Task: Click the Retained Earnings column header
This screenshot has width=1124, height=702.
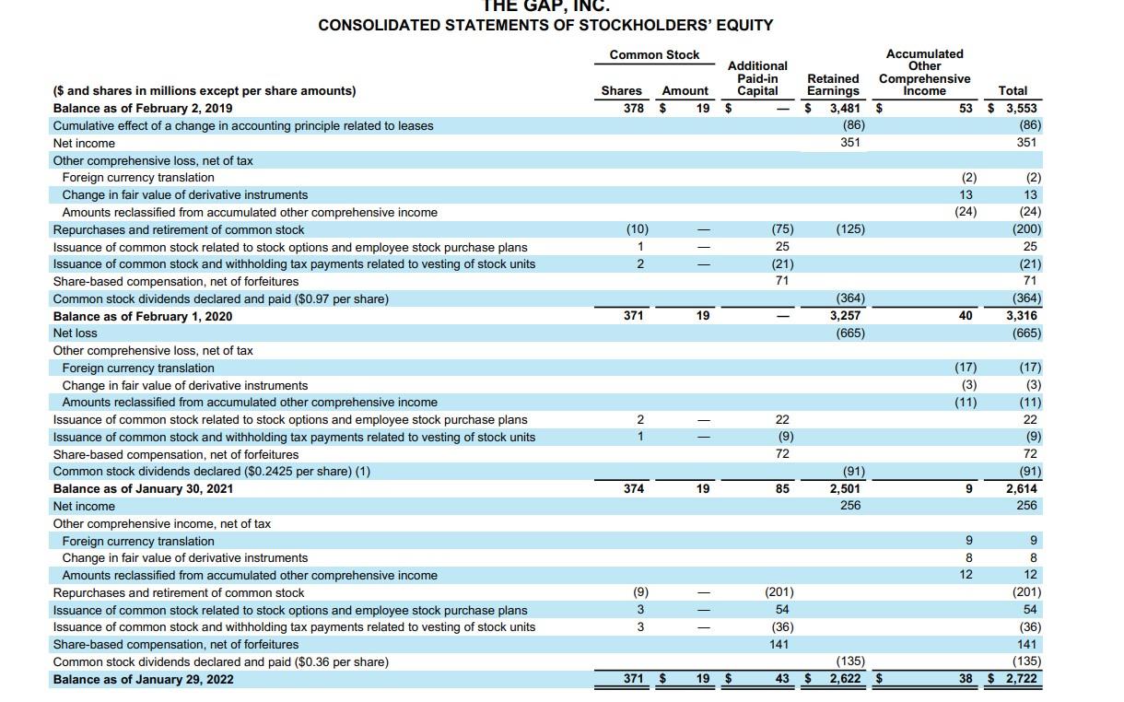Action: click(x=833, y=85)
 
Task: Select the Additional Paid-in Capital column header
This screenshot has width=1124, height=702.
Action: click(x=757, y=78)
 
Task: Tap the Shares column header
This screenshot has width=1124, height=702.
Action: click(x=621, y=90)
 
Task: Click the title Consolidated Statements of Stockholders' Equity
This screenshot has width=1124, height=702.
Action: click(x=545, y=25)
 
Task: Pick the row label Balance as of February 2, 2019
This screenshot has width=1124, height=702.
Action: click(x=143, y=108)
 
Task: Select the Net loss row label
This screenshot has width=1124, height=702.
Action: click(x=75, y=333)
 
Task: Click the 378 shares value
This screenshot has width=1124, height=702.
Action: click(x=632, y=108)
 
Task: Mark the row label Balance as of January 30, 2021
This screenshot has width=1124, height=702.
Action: click(x=143, y=488)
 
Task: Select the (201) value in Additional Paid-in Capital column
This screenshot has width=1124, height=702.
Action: click(x=779, y=592)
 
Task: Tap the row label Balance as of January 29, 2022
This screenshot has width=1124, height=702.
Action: click(x=143, y=679)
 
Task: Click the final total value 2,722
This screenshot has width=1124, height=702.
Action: click(x=1020, y=679)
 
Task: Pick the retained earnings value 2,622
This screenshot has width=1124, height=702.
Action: click(x=845, y=679)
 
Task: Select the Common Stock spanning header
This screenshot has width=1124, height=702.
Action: click(x=654, y=54)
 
